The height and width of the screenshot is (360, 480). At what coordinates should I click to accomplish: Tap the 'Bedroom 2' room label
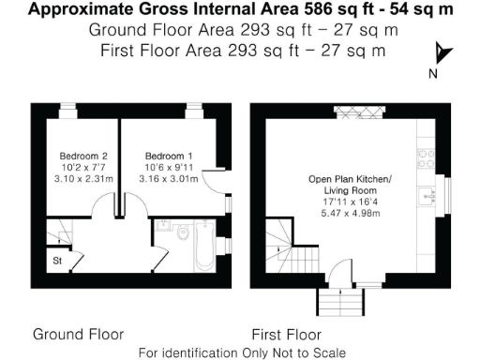coord(79,156)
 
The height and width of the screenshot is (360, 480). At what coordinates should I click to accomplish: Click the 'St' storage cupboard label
coord(56,261)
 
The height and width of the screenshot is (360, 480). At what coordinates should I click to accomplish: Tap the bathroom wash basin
coord(163,225)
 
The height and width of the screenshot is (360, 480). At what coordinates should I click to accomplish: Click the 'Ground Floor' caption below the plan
coord(78,334)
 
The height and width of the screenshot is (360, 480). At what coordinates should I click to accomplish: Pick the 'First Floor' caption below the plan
coord(287,334)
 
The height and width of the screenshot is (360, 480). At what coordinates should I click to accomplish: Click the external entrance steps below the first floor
coord(339,301)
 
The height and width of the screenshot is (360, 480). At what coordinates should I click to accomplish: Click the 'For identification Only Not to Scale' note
coord(241,352)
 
